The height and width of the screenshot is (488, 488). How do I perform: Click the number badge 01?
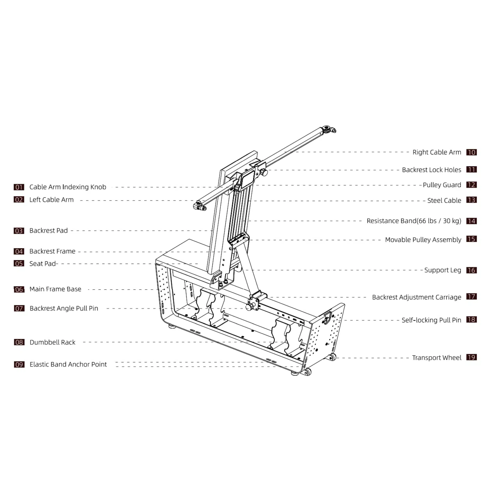click(19, 187)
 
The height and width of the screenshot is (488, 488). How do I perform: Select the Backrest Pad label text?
click(48, 231)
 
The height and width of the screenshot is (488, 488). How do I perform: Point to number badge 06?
click(19, 289)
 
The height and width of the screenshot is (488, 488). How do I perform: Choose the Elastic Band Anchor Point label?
click(68, 364)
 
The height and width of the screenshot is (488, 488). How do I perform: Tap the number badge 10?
click(472, 152)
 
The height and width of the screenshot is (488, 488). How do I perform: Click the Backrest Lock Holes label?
click(432, 170)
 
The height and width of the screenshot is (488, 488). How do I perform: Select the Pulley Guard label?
click(442, 185)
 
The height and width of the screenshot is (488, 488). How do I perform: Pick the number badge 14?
click(472, 221)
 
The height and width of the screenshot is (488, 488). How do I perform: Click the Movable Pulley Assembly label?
click(423, 240)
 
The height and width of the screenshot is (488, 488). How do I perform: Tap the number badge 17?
click(472, 297)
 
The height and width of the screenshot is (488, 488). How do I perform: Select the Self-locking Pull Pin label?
click(431, 320)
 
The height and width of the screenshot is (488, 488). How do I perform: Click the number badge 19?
click(472, 357)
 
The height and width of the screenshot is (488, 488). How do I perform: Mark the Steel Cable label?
click(444, 200)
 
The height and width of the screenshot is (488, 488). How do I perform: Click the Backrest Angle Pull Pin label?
click(64, 308)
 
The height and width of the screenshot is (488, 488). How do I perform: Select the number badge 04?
click(19, 251)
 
